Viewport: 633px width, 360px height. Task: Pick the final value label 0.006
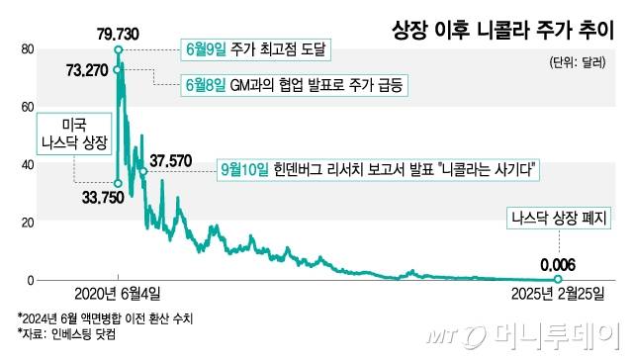558,264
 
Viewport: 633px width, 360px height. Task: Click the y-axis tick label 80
28,49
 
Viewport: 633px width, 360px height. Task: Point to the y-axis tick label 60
28,107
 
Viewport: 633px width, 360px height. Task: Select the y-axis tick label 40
28,165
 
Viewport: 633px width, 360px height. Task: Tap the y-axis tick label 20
28,223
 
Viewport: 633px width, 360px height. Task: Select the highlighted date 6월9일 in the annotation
206,47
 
